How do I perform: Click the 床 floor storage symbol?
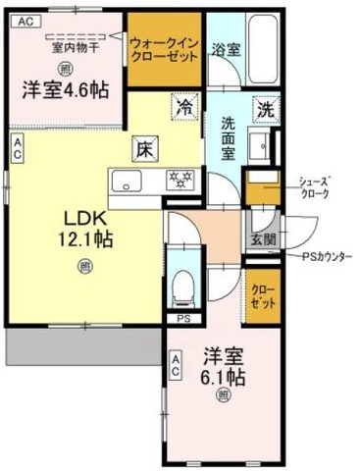[142, 149]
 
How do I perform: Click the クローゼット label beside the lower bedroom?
[262, 297]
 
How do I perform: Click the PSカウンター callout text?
[327, 257]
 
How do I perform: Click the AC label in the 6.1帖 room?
[176, 369]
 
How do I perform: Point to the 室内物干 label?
[65, 46]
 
